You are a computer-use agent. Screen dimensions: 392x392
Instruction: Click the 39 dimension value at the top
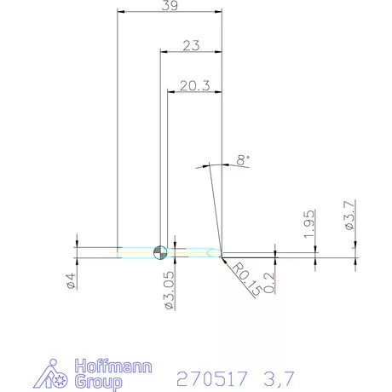click(x=170, y=6)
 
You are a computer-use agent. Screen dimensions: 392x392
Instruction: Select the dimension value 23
click(x=190, y=47)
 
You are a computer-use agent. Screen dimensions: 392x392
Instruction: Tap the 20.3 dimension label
click(x=194, y=86)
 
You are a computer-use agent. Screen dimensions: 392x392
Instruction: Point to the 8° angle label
click(x=244, y=159)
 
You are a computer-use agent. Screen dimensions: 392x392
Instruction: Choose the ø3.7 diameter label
click(x=350, y=215)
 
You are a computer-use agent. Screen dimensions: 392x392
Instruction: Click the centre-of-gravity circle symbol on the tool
click(x=159, y=251)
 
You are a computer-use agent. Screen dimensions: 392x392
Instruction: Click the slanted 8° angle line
click(x=214, y=209)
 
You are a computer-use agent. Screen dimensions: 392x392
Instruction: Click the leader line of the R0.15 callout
click(x=229, y=262)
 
